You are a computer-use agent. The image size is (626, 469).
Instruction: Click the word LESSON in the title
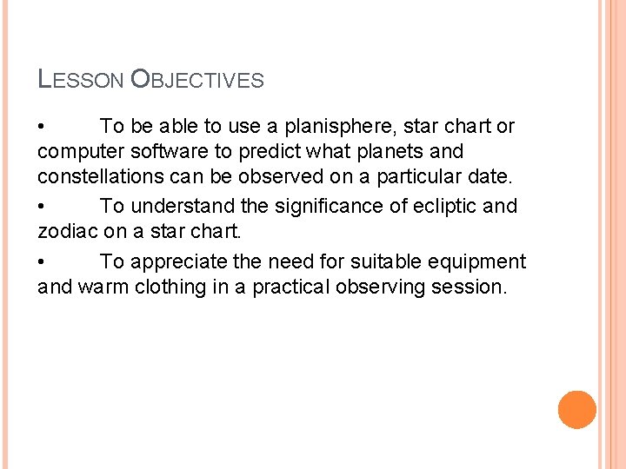(82, 81)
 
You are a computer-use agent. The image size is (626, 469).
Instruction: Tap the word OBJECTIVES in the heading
(197, 81)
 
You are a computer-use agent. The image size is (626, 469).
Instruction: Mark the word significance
(326, 206)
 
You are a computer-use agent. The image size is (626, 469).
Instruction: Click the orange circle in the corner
(576, 410)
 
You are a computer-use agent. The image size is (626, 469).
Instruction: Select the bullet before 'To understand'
(43, 207)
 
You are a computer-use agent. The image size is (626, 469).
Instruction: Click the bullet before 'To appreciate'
(43, 262)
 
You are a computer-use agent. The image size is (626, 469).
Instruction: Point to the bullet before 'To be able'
(43, 128)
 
